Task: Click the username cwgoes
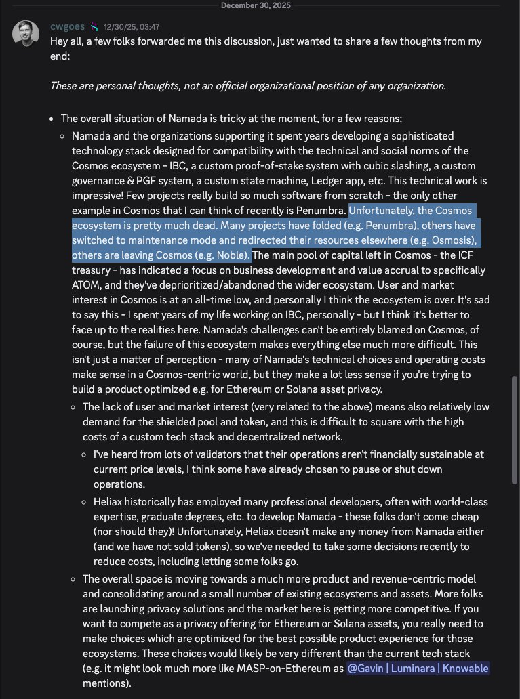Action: pyautogui.click(x=68, y=27)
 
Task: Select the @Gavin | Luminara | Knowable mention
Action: pyautogui.click(x=417, y=669)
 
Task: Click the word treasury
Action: pyautogui.click(x=92, y=270)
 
